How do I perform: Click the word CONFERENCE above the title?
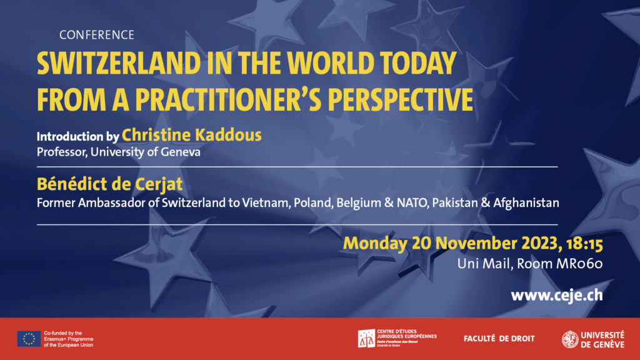tap(97, 35)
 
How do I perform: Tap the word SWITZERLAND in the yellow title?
tap(119, 63)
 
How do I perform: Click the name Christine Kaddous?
tap(192, 135)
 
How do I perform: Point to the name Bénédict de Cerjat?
tap(110, 184)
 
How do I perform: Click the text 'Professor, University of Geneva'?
tap(118, 152)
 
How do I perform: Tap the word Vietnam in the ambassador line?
tap(266, 203)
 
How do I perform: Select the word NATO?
tap(412, 203)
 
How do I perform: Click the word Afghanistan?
tap(526, 203)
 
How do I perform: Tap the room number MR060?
tap(579, 264)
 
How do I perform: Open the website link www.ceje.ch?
tap(557, 295)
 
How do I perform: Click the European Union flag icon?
tap(29, 339)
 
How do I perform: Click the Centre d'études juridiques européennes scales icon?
tap(366, 339)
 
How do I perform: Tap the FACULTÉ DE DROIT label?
tap(499, 339)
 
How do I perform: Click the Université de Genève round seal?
tap(570, 339)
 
